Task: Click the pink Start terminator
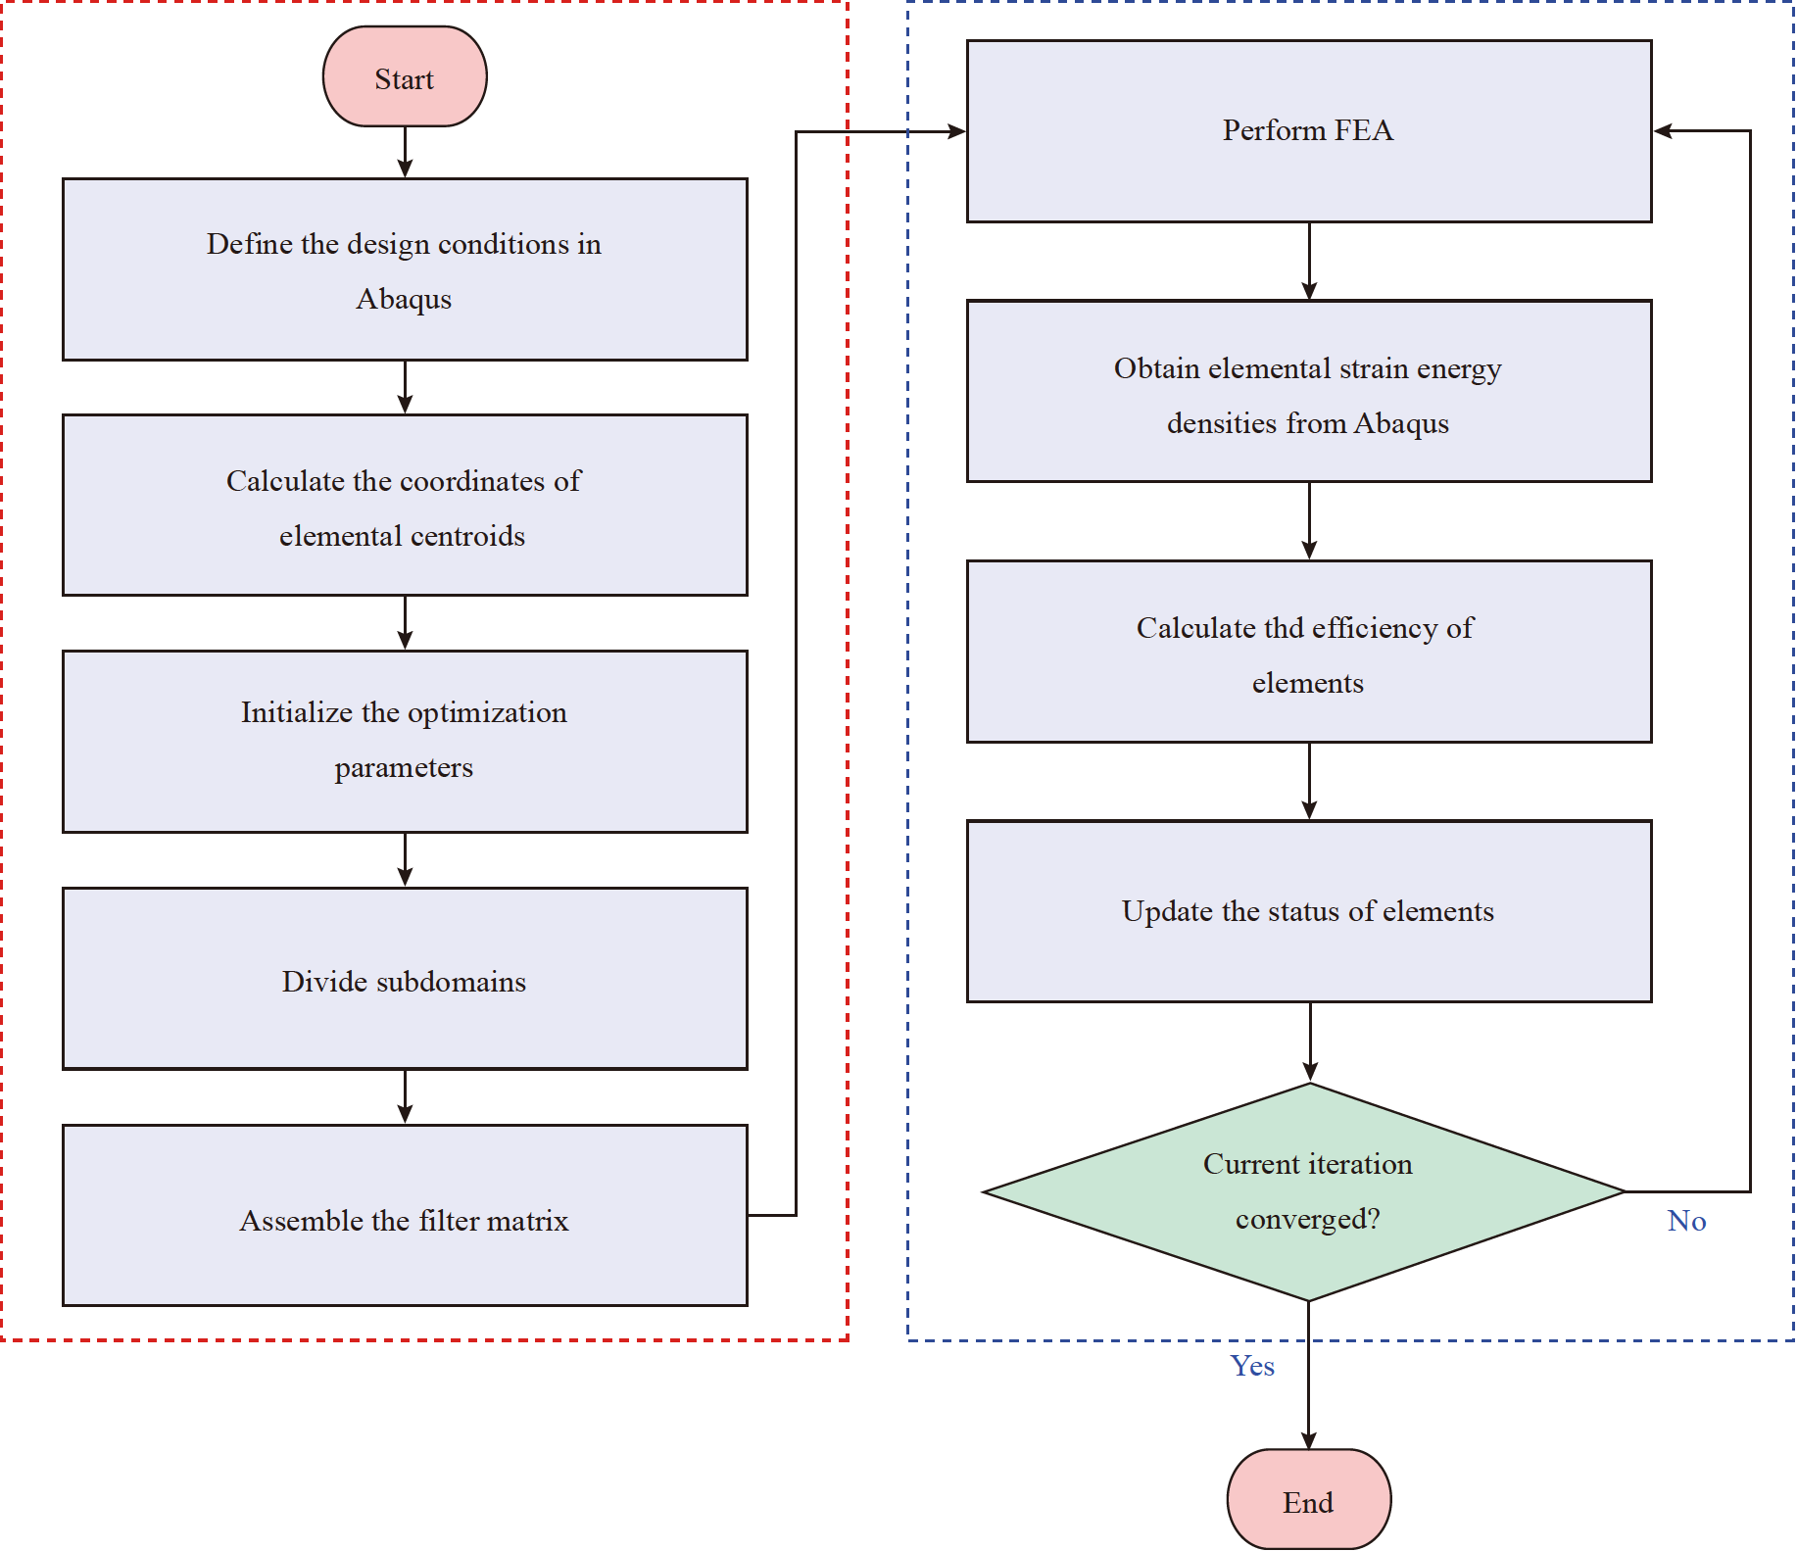pyautogui.click(x=405, y=77)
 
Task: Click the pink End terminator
pyautogui.click(x=1308, y=1499)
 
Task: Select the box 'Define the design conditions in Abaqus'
pyautogui.click(x=405, y=269)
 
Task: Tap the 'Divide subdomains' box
pyautogui.click(x=405, y=979)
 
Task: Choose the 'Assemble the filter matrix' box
pyautogui.click(x=405, y=1216)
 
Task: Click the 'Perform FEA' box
pyautogui.click(x=1308, y=131)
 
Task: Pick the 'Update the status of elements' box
pyautogui.click(x=1308, y=911)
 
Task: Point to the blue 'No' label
pyautogui.click(x=1686, y=1221)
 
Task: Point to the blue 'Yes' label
pyautogui.click(x=1252, y=1366)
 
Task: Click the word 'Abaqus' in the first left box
pyautogui.click(x=404, y=299)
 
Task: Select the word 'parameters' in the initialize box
pyautogui.click(x=404, y=768)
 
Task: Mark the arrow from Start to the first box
pyautogui.click(x=405, y=153)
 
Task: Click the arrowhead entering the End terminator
pyautogui.click(x=1308, y=1439)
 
